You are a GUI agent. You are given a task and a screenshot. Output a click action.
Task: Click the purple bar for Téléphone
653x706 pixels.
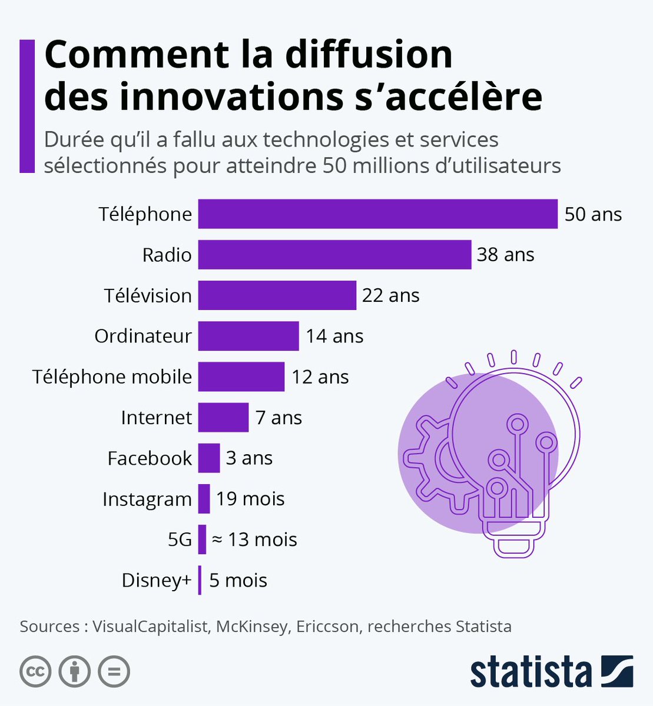(x=377, y=214)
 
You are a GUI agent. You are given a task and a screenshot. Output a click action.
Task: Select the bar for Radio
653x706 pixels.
(x=334, y=254)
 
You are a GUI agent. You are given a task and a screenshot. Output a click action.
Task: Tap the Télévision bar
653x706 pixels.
(x=277, y=295)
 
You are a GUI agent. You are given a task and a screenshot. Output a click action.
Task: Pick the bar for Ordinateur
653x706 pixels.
(x=248, y=335)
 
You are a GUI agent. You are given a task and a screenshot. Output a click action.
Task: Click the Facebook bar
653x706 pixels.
(x=208, y=458)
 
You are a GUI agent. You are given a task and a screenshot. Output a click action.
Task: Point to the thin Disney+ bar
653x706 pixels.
(x=200, y=580)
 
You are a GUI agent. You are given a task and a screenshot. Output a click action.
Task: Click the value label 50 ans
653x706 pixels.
(x=593, y=214)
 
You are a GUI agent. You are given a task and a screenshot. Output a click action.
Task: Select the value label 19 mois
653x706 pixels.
(x=250, y=499)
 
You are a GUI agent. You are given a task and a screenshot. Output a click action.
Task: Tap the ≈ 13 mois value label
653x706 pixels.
(x=254, y=540)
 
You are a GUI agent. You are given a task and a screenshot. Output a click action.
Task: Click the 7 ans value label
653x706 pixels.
(x=279, y=418)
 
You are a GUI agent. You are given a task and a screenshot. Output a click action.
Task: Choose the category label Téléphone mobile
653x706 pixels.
(x=112, y=377)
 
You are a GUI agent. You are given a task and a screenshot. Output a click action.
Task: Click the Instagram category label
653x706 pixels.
(x=147, y=499)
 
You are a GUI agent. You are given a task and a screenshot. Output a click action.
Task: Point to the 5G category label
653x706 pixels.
(x=180, y=540)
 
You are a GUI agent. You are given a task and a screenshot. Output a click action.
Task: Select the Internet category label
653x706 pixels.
(x=156, y=418)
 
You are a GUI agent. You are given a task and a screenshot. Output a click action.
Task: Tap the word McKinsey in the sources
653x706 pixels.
(x=252, y=627)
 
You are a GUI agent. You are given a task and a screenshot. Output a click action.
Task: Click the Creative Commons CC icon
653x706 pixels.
(x=35, y=671)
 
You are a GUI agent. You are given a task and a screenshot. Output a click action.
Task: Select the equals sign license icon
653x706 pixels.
(x=113, y=671)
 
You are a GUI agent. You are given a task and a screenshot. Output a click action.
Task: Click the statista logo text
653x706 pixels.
(x=531, y=672)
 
